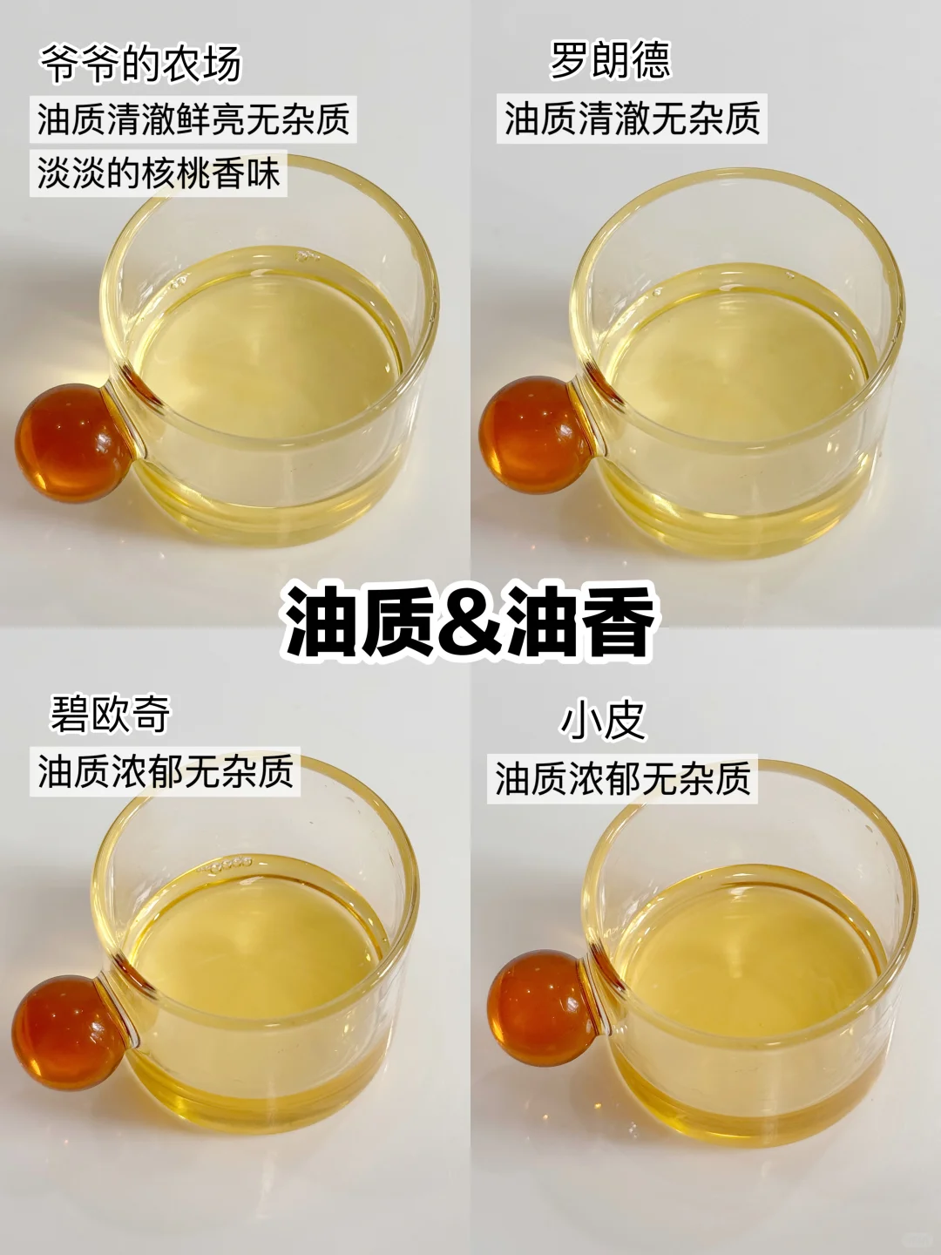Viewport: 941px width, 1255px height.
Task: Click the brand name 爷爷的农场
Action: (x=141, y=63)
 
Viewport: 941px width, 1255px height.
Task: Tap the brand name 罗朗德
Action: (x=610, y=59)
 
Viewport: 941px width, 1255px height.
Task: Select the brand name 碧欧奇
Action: (x=111, y=714)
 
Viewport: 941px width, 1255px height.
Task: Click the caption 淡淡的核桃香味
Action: (x=159, y=173)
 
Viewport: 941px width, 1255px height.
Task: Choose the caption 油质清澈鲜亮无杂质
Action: (x=193, y=119)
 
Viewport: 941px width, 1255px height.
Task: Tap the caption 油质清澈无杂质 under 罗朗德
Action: (x=632, y=119)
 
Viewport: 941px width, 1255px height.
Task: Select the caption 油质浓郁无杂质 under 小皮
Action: (x=622, y=778)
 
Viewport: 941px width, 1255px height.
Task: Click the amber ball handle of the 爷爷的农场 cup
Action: (x=74, y=438)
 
